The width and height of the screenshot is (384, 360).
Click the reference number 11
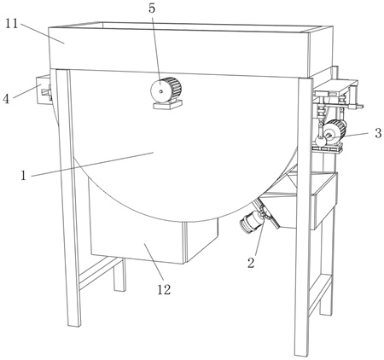click(12, 24)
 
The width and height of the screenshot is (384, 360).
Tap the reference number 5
click(152, 9)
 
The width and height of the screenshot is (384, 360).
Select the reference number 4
click(6, 99)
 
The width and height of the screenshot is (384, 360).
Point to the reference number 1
click(24, 176)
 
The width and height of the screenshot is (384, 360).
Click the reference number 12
click(164, 289)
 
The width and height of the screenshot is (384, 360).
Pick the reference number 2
click(251, 263)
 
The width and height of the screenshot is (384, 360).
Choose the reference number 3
click(378, 133)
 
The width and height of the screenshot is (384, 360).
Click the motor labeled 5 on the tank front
click(166, 90)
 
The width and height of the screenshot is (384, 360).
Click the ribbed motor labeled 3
click(335, 131)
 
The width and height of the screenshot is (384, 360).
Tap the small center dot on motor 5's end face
click(161, 91)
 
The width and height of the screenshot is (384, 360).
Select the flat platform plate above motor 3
click(335, 88)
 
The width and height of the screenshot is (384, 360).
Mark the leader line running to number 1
click(92, 165)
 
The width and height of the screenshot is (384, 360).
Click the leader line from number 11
click(42, 34)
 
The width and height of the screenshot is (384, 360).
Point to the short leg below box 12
click(119, 275)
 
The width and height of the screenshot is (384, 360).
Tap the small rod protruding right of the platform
click(357, 107)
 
